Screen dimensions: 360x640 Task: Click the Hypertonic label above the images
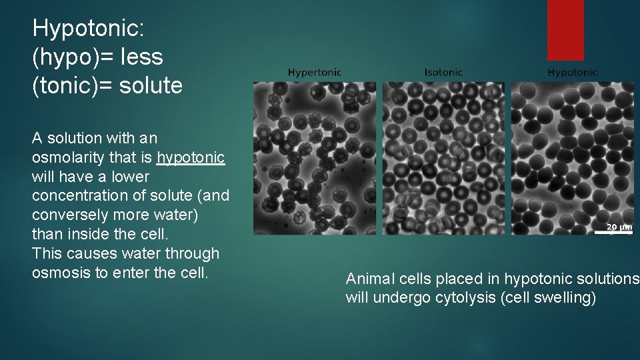tap(314, 72)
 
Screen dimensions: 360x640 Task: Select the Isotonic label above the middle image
tap(443, 72)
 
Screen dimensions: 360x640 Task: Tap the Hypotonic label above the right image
tap(573, 72)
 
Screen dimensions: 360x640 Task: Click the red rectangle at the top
tap(565, 30)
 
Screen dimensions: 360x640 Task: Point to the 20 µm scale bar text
tap(619, 227)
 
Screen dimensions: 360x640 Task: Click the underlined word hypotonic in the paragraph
tap(191, 157)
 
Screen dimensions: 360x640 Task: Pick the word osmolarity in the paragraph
tap(65, 157)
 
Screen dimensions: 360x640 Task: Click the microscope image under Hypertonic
tap(314, 158)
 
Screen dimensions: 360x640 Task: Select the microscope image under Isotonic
tap(443, 158)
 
